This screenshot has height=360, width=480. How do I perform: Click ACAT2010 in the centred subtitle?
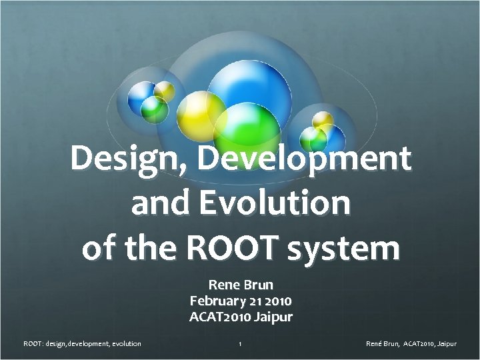point(220,316)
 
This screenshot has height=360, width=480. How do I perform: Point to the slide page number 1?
point(240,344)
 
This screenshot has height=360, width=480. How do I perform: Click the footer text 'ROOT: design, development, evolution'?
point(82,344)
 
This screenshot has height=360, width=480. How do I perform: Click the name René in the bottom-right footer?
point(375,344)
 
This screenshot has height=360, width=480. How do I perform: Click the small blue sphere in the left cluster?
point(141,94)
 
